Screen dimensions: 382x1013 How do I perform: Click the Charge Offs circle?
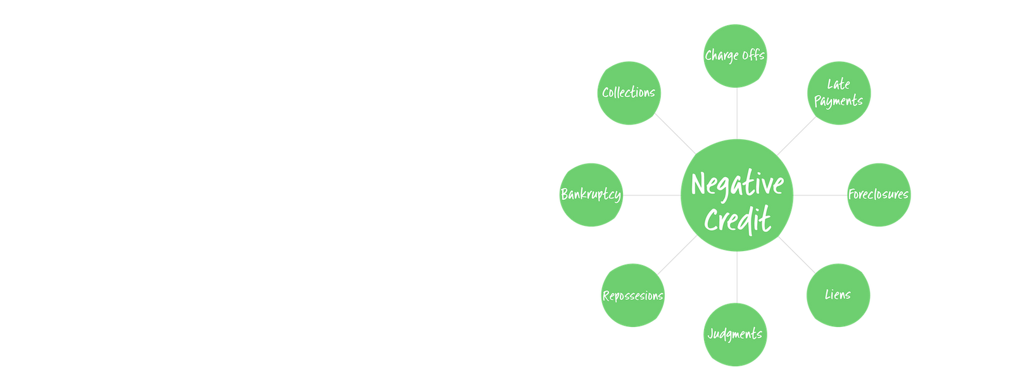pyautogui.click(x=736, y=56)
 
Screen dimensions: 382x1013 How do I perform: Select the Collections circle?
pyautogui.click(x=629, y=93)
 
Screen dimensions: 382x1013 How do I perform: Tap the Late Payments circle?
pyautogui.click(x=839, y=93)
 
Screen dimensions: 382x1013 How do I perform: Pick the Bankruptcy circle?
pyautogui.click(x=590, y=194)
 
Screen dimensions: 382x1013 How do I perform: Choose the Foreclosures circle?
pyautogui.click(x=879, y=194)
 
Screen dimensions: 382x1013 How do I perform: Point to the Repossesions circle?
pyautogui.click(x=632, y=295)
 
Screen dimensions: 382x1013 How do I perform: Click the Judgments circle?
pyautogui.click(x=736, y=335)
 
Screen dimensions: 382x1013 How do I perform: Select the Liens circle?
pyautogui.click(x=838, y=295)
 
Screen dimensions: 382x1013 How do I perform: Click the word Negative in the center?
pyautogui.click(x=737, y=185)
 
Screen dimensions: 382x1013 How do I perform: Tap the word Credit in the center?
pyautogui.click(x=737, y=219)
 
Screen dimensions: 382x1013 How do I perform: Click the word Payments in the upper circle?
pyautogui.click(x=838, y=101)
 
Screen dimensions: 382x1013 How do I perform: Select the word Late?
pyautogui.click(x=838, y=84)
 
